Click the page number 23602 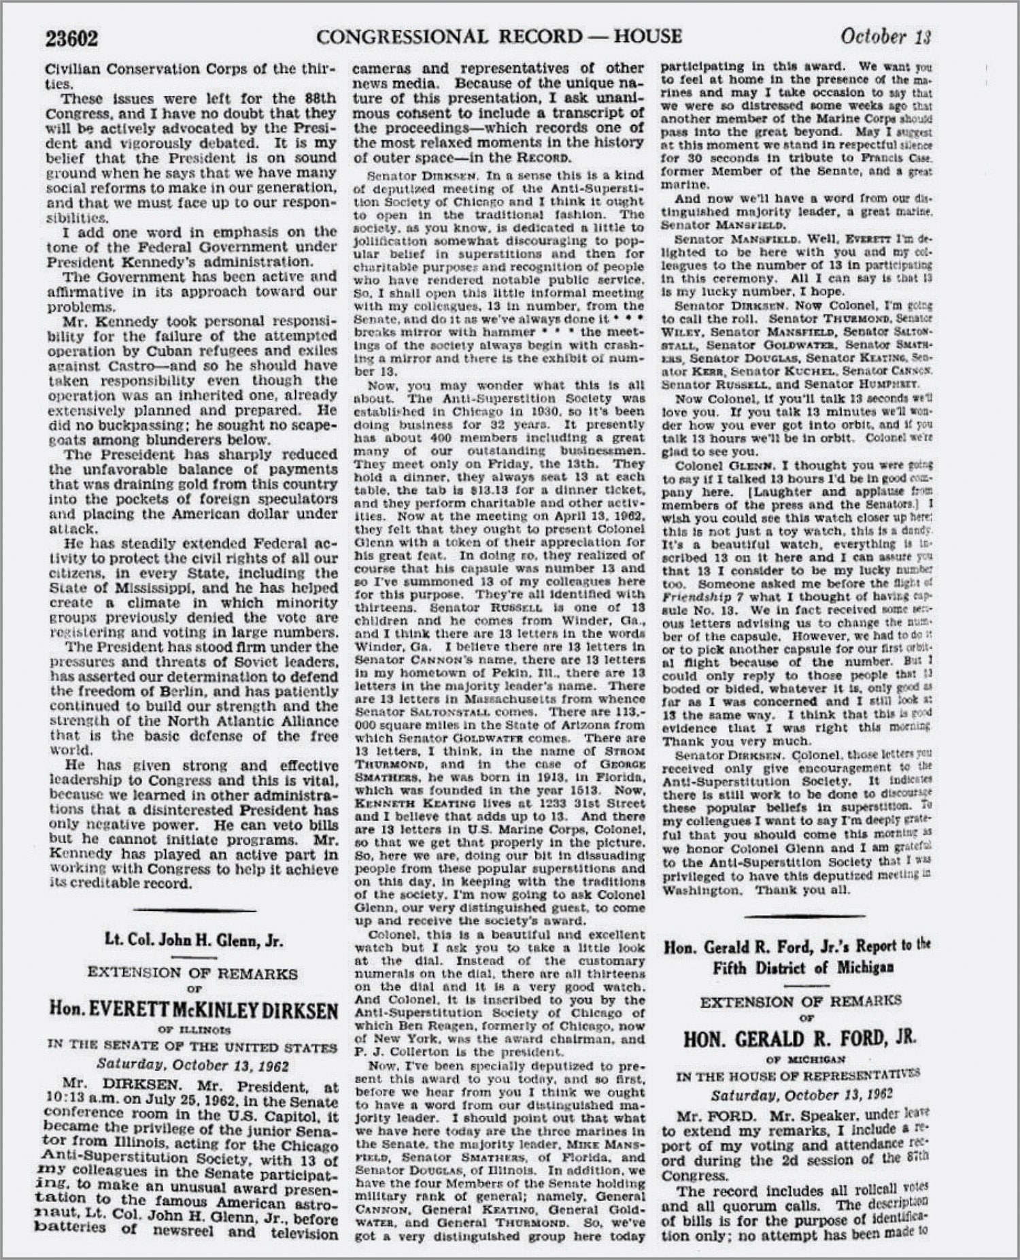pyautogui.click(x=71, y=38)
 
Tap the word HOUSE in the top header pyautogui.click(x=647, y=36)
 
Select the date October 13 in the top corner pyautogui.click(x=885, y=36)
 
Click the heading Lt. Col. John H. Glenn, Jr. pyautogui.click(x=194, y=941)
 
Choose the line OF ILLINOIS pyautogui.click(x=194, y=1029)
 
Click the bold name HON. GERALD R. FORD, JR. pyautogui.click(x=800, y=1039)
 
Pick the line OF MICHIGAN pyautogui.click(x=801, y=1059)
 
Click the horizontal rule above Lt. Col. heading pyautogui.click(x=194, y=910)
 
